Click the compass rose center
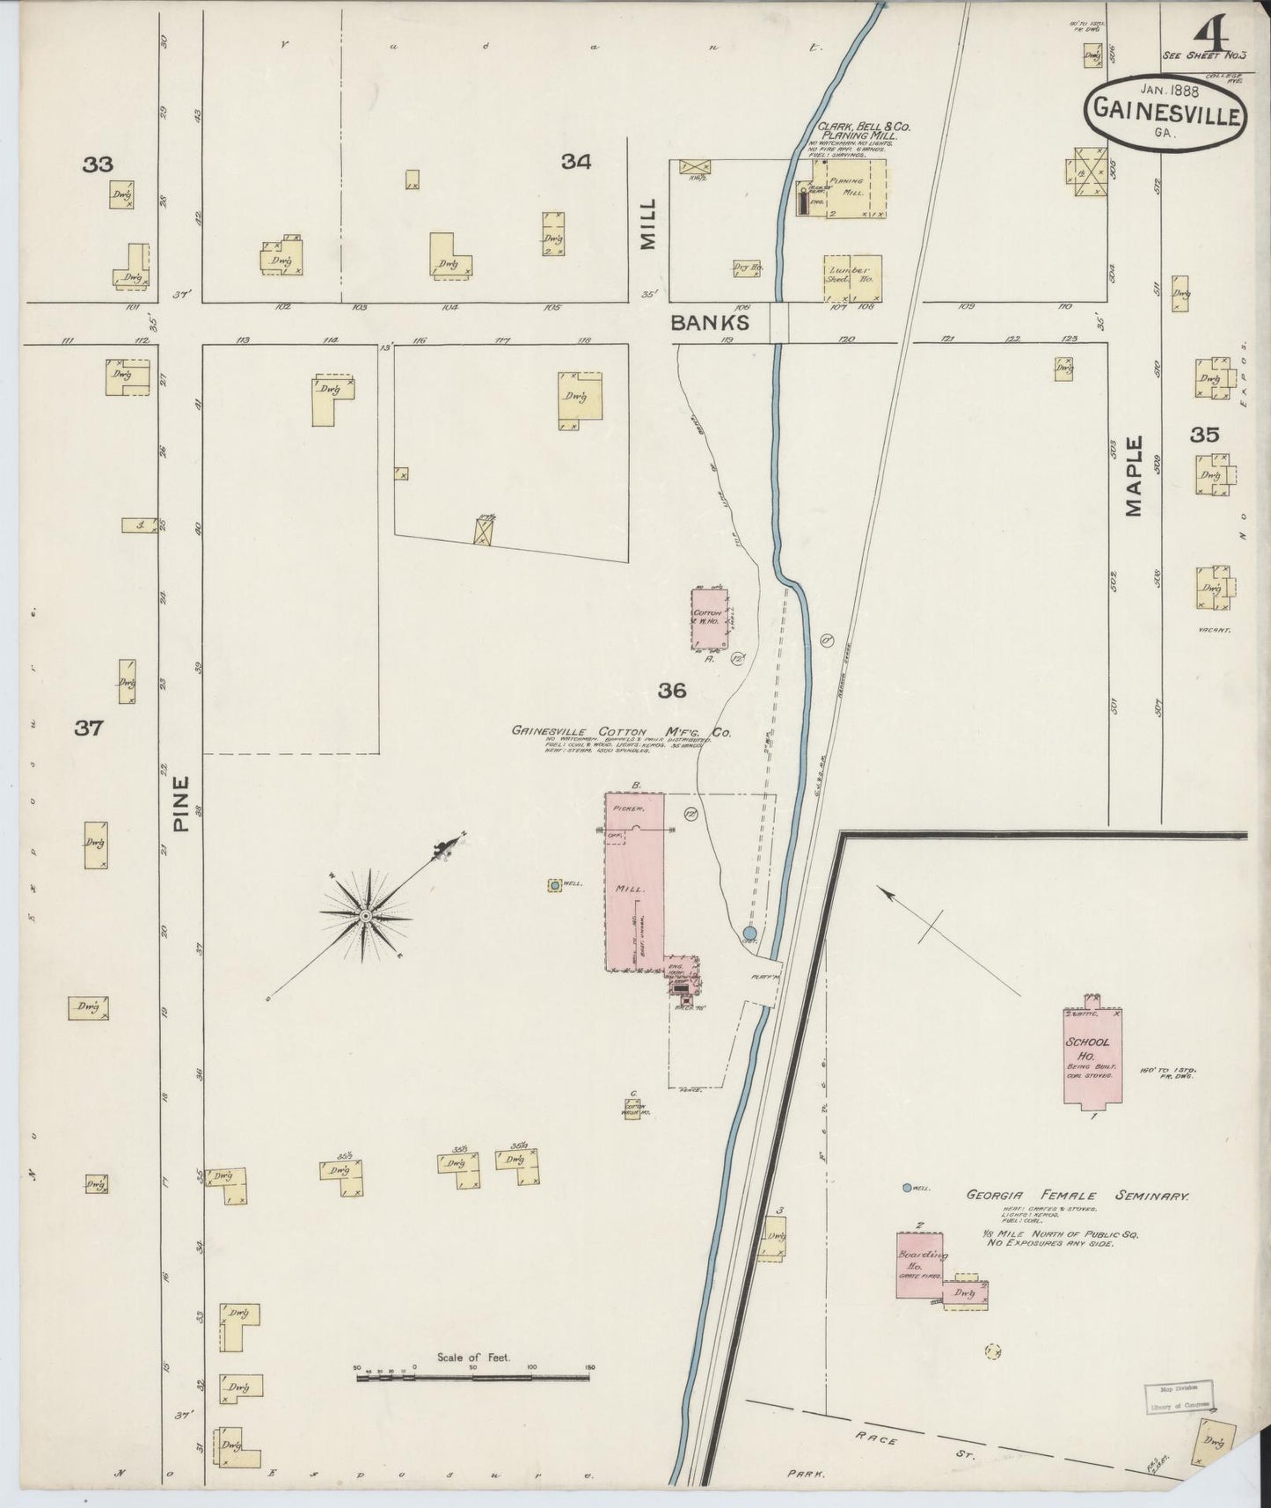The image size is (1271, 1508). (x=364, y=916)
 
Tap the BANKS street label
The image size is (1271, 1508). (x=710, y=323)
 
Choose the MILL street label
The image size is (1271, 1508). (x=648, y=224)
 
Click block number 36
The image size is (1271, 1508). (x=672, y=692)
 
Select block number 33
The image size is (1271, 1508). (x=98, y=164)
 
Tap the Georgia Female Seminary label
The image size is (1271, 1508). (x=1077, y=1197)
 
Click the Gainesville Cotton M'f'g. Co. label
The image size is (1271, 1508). (x=621, y=731)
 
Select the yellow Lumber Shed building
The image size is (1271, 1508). (x=851, y=279)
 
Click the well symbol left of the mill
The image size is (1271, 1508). (x=555, y=885)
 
